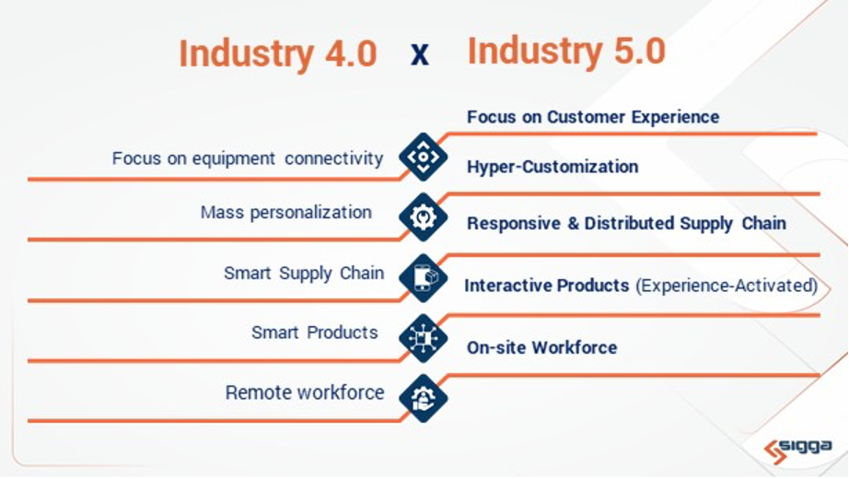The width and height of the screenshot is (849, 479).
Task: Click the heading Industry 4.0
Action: (277, 53)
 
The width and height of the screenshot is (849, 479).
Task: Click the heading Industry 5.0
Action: (566, 52)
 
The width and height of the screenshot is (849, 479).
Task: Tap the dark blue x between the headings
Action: (420, 55)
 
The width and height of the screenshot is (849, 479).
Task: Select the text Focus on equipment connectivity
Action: (247, 158)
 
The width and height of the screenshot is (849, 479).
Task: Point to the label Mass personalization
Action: (285, 213)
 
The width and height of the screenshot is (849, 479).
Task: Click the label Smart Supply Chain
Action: (303, 274)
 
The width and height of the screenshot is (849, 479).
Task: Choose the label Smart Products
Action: (314, 333)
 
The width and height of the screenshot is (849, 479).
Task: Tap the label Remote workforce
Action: (304, 392)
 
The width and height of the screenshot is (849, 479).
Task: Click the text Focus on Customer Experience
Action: (592, 117)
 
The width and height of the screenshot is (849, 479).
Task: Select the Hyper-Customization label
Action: (552, 167)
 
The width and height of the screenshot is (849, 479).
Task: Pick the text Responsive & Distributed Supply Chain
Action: (626, 223)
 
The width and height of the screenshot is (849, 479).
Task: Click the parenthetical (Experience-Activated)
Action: (727, 286)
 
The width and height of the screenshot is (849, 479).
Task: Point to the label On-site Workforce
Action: (541, 347)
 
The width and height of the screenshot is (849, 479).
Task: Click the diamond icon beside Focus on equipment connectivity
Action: (423, 157)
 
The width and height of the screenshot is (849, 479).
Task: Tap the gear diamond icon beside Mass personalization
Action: (423, 217)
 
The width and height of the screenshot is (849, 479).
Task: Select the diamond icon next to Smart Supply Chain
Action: (423, 277)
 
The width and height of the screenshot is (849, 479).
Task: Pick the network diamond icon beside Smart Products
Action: (423, 337)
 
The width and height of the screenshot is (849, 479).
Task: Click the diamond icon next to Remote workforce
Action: (423, 398)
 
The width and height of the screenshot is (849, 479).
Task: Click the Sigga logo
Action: (798, 449)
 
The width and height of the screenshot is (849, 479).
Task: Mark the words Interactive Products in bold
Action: (547, 286)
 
